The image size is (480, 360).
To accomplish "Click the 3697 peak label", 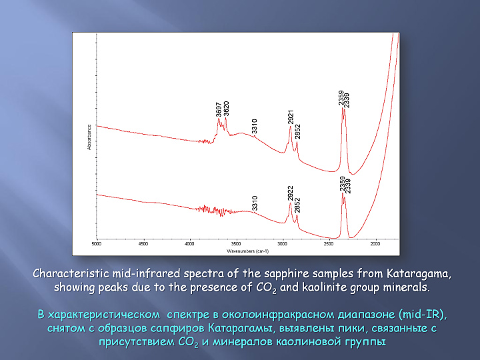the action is click(x=218, y=109).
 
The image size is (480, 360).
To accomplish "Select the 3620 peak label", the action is click(x=226, y=109).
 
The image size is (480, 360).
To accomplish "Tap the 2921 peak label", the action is click(x=291, y=117).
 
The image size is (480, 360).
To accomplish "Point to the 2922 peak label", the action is click(x=290, y=193).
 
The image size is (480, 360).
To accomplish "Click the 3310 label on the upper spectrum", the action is click(x=255, y=127).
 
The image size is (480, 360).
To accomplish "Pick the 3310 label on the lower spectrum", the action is click(x=255, y=203).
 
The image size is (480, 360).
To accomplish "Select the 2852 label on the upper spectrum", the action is click(x=297, y=131).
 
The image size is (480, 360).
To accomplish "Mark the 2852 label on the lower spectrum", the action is click(x=297, y=205).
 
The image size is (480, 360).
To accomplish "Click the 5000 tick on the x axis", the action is click(x=97, y=244).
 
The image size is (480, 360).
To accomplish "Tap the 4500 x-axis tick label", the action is click(x=143, y=244).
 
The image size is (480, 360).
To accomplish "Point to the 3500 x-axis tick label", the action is click(x=236, y=244).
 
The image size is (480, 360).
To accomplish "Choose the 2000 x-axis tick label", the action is click(x=375, y=244).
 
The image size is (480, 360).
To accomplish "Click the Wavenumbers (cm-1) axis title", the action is click(x=247, y=251).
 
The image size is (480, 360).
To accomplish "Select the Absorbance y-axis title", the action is click(x=89, y=137).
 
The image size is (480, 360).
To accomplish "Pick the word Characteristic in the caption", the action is click(x=71, y=273).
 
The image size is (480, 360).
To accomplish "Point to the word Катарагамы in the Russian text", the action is click(x=241, y=328).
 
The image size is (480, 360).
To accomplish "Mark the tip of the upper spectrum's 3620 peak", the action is click(x=225, y=118).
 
